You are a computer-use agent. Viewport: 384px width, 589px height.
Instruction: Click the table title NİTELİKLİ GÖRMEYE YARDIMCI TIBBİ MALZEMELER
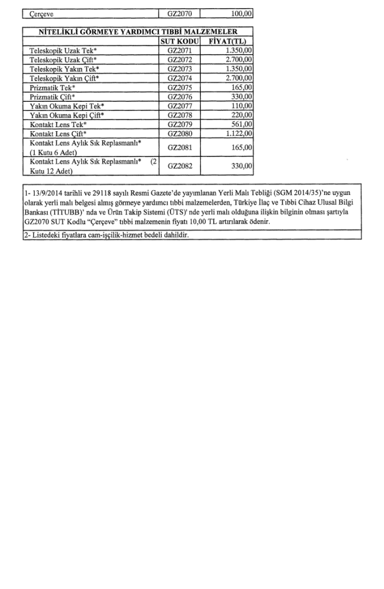coord(138,32)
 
